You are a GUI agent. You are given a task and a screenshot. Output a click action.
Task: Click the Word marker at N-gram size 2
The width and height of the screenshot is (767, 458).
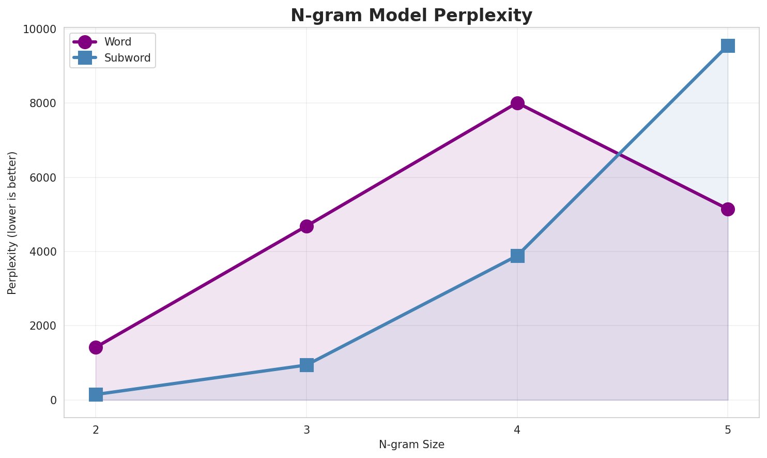[96, 347]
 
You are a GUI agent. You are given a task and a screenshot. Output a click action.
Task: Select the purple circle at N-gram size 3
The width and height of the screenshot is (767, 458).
[306, 226]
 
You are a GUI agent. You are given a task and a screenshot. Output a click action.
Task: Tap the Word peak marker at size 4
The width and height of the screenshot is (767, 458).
[517, 103]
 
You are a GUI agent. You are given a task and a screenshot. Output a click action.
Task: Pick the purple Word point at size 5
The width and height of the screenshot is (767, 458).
[728, 209]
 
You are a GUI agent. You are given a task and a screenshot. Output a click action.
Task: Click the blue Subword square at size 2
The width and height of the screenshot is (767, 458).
[96, 394]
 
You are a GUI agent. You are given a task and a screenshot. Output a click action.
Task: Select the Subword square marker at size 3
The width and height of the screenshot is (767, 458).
[306, 365]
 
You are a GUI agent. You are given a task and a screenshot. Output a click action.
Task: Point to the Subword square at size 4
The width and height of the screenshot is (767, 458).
[517, 256]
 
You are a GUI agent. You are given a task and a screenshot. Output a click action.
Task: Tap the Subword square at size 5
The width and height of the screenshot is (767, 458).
[728, 46]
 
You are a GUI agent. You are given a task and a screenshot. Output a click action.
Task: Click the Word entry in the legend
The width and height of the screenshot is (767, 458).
[117, 42]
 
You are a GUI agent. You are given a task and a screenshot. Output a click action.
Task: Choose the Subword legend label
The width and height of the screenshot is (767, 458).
[127, 58]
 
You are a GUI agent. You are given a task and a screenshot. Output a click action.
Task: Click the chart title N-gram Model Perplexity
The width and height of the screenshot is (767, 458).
[411, 16]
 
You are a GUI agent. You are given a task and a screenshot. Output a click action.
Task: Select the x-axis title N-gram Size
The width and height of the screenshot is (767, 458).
[411, 445]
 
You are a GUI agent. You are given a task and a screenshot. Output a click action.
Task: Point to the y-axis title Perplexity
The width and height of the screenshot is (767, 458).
[12, 223]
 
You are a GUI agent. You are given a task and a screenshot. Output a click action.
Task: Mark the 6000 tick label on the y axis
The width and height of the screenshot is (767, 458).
[44, 178]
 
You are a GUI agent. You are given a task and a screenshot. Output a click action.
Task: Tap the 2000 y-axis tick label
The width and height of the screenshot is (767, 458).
[44, 326]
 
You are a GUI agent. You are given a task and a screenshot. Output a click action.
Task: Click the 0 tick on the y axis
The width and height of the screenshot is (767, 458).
[53, 400]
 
